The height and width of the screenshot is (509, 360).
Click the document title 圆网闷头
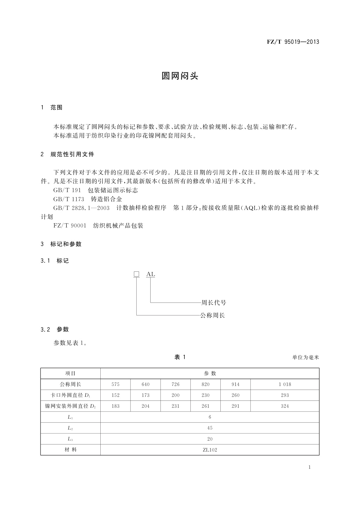coord(180,76)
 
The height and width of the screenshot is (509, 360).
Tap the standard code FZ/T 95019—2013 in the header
coord(293,42)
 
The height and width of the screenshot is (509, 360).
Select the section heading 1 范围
coord(52,108)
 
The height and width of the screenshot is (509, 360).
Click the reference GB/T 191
coord(67,190)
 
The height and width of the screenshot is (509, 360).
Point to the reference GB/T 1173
coord(69,199)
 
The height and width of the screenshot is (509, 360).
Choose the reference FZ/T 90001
coord(70,226)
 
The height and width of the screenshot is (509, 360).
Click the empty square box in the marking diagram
coord(137,274)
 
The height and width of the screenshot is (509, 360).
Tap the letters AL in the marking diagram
coord(151,274)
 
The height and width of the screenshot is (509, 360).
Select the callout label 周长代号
coord(214,303)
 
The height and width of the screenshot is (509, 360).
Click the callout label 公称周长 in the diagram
coord(212,316)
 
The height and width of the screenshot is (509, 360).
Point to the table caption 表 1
coord(180,357)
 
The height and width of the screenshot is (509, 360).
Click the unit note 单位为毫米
coord(306,358)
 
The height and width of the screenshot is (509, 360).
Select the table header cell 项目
coord(70,374)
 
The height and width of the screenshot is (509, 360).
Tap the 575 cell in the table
coord(115,384)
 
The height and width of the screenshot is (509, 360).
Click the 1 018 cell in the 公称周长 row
coord(285,384)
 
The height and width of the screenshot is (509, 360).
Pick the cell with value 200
coord(175,395)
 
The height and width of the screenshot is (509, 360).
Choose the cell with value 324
coord(285,406)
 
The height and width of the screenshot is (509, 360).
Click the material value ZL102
coord(210,450)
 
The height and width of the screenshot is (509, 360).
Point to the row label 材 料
coord(70,450)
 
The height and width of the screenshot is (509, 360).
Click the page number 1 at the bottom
coord(310,467)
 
